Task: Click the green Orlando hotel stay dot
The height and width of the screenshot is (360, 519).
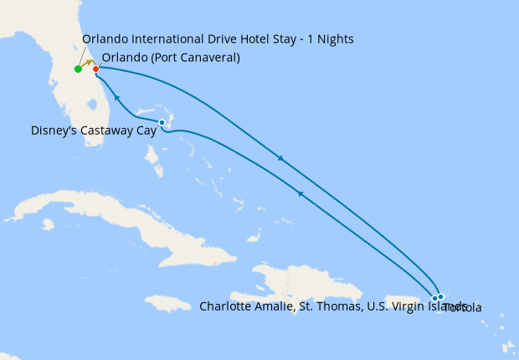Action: tap(78, 69)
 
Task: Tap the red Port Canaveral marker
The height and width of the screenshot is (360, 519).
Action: tap(96, 69)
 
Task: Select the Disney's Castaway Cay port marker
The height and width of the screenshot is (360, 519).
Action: tap(162, 123)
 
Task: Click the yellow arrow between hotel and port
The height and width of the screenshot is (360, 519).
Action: tap(88, 64)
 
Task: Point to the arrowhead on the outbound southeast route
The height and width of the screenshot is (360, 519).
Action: tap(280, 158)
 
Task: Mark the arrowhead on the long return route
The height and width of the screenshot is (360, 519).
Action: tap(300, 193)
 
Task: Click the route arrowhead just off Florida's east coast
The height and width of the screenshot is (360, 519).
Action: tap(117, 98)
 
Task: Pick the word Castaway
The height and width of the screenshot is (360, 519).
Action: tap(105, 131)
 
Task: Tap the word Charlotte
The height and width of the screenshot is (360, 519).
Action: tap(225, 306)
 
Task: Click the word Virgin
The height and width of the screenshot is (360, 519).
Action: tap(381, 306)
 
